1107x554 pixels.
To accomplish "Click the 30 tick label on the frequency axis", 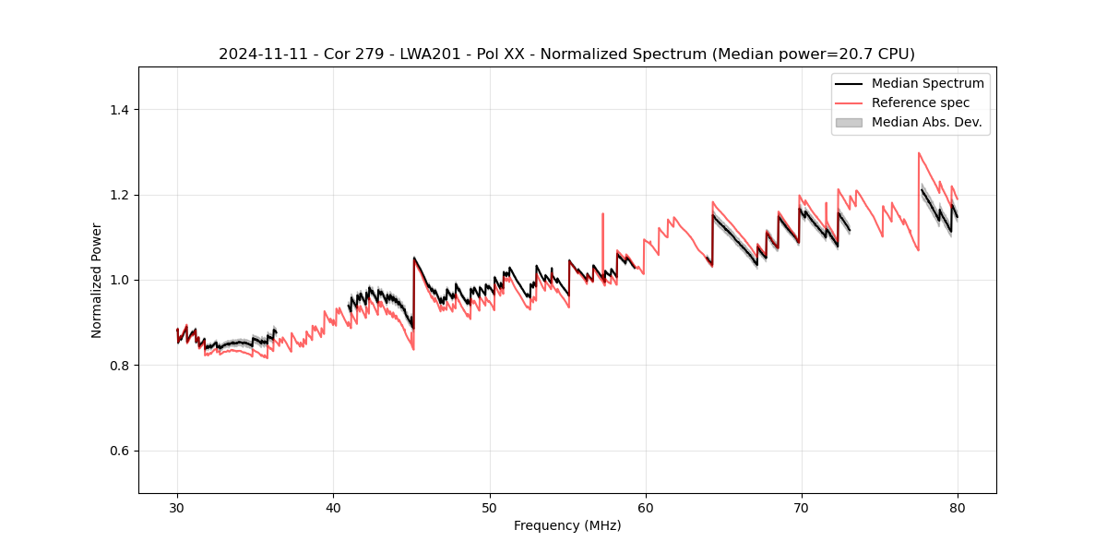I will coord(177,507).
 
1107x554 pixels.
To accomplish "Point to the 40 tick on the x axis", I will coord(333,507).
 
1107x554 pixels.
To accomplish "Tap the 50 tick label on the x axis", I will coord(489,507).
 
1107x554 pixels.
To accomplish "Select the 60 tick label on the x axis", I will coord(645,507).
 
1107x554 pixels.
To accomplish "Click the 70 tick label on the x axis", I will coord(802,507).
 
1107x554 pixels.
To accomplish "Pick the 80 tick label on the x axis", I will coord(958,507).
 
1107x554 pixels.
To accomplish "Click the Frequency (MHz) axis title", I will coord(567,525).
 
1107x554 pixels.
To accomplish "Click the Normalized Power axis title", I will coord(96,280).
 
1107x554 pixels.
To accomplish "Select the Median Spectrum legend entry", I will coord(927,83).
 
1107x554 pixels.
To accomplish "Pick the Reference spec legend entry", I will coord(920,102).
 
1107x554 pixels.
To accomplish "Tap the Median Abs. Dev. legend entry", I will coord(926,122).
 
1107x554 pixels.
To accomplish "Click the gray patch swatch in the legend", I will coord(849,122).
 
